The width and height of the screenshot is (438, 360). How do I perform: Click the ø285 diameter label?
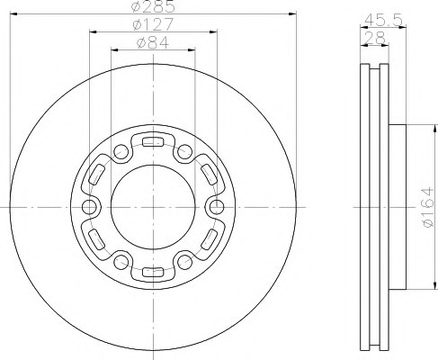151,8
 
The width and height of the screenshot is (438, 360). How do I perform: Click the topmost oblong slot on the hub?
152,140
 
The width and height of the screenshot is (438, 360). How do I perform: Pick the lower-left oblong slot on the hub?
94,240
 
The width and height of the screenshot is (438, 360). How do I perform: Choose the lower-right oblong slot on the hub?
210,240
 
